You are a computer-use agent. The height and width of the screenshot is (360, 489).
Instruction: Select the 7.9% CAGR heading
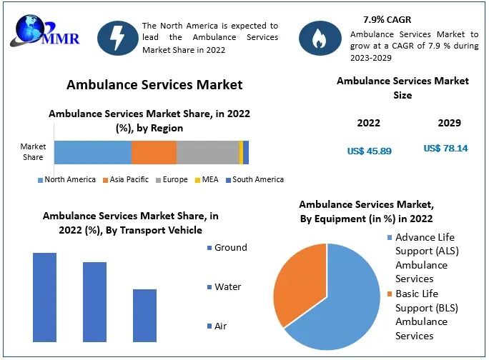[377, 19]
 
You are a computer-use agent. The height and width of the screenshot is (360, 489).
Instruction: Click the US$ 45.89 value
[369, 151]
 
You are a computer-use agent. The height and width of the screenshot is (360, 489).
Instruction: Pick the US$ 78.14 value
[445, 149]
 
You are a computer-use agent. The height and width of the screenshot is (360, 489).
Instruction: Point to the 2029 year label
[449, 123]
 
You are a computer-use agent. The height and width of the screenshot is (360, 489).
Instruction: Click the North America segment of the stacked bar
[92, 153]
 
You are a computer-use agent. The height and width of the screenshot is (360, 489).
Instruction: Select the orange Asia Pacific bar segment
[154, 153]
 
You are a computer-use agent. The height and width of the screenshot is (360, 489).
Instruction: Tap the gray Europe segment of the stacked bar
[207, 153]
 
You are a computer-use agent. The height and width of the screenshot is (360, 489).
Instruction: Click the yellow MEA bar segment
[241, 153]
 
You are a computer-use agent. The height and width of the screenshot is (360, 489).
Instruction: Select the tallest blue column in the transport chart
[44, 296]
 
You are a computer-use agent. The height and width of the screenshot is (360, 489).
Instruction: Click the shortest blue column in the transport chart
[144, 315]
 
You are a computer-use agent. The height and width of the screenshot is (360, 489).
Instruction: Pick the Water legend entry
[223, 287]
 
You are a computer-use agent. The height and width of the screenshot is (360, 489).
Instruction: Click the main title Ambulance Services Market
[154, 85]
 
